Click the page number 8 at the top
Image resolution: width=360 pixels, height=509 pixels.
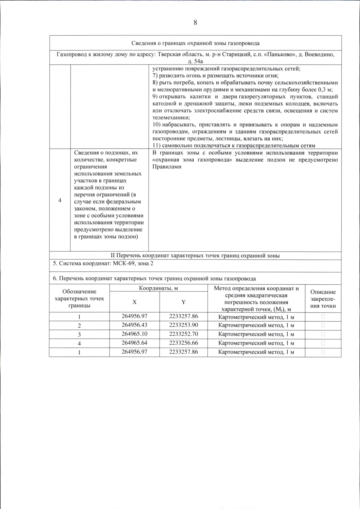tap(195, 22)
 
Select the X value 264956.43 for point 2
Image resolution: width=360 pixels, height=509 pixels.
tap(134, 325)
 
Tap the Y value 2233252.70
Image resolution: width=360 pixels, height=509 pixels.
tap(183, 334)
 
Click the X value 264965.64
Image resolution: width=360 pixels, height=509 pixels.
tap(134, 343)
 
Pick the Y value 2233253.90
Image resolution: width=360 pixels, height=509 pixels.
tap(183, 325)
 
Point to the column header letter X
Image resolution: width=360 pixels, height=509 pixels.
tap(134, 302)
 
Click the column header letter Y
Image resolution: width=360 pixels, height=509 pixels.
tap(183, 302)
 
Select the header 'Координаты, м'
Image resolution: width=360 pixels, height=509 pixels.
tap(158, 288)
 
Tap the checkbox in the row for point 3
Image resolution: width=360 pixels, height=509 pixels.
tap(323, 334)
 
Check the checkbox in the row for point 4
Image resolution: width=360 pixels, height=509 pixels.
tap(323, 343)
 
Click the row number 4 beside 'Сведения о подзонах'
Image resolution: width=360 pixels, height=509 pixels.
tap(60, 200)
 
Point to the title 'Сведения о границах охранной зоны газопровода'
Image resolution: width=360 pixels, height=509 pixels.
tap(195, 43)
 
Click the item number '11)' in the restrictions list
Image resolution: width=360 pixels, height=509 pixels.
tap(156, 146)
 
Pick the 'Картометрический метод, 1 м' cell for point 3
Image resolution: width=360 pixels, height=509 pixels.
tap(256, 334)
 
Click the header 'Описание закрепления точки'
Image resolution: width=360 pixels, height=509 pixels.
tap(323, 299)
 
